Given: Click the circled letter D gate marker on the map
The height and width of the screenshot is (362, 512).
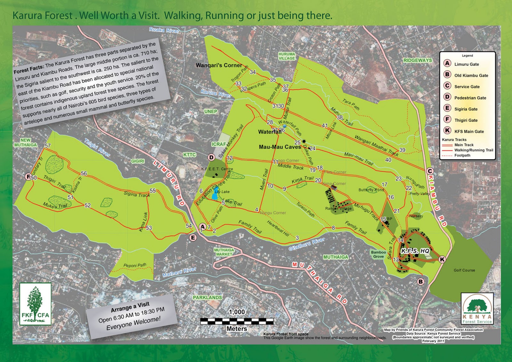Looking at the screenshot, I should [211, 157].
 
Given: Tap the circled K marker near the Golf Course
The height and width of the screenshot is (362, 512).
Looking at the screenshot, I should [442, 259].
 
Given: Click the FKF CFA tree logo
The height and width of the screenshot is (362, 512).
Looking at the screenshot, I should [35, 304].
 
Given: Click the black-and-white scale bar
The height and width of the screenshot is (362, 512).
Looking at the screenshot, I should [237, 321].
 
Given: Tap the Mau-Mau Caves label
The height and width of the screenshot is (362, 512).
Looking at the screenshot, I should [280, 147].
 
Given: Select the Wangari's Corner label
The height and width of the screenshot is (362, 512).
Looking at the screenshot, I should [219, 65].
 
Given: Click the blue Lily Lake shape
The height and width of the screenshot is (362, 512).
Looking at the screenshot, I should [214, 196].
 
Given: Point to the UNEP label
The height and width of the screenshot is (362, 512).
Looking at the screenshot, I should [211, 111].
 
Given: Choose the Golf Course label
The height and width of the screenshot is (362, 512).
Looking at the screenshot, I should [464, 270].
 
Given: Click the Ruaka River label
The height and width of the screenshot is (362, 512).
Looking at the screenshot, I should [164, 30].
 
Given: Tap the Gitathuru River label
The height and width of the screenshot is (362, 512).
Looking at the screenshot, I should [307, 244].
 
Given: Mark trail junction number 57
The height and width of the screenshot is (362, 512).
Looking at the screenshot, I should [48, 146].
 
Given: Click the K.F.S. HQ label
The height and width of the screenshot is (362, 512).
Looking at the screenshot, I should [415, 251].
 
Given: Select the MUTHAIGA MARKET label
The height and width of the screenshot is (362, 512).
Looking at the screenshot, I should [224, 252].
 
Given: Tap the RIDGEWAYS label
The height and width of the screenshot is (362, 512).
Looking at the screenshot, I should [417, 60].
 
